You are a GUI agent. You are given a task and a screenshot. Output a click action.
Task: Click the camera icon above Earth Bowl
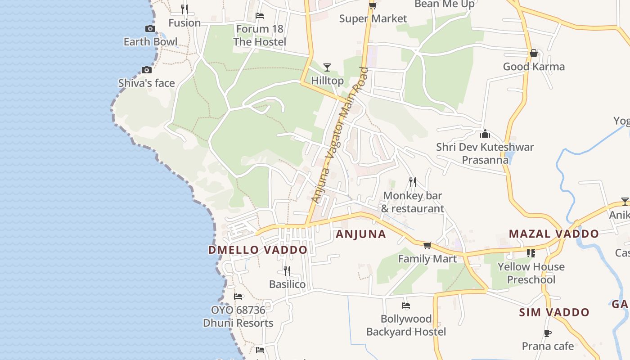pos(150,29)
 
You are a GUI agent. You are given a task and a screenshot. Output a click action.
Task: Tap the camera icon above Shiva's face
pos(146,70)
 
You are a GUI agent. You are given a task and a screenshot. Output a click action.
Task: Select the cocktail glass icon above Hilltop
pos(327,67)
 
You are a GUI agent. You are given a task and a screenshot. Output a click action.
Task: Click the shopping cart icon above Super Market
pos(373,6)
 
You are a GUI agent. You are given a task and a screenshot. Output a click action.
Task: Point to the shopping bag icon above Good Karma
pos(534,54)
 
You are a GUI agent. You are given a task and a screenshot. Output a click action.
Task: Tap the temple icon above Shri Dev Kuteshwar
pos(485,134)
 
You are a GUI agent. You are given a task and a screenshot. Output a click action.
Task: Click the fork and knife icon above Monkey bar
pos(412,182)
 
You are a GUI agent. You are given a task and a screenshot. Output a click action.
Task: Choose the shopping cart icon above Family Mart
pos(427,245)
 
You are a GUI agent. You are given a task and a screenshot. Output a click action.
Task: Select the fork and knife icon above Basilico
pos(287,270)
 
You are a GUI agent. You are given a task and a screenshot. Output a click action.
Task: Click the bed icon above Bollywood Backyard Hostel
pos(406,306)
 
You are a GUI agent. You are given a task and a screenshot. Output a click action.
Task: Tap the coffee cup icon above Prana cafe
pos(547,333)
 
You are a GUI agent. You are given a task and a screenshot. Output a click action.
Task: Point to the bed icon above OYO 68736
pos(238,297)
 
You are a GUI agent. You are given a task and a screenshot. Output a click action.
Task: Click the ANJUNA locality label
pos(361,234)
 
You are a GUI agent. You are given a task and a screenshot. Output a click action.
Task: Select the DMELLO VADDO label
pos(258,250)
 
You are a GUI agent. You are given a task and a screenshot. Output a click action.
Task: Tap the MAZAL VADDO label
pos(553,234)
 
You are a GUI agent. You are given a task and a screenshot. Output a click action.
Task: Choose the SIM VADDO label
pos(554,312)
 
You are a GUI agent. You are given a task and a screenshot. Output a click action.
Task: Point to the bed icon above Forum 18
pos(260,16)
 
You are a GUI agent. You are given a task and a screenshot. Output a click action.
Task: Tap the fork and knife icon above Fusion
pos(184,9)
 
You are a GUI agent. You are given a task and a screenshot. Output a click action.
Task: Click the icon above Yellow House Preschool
pos(531,253)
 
